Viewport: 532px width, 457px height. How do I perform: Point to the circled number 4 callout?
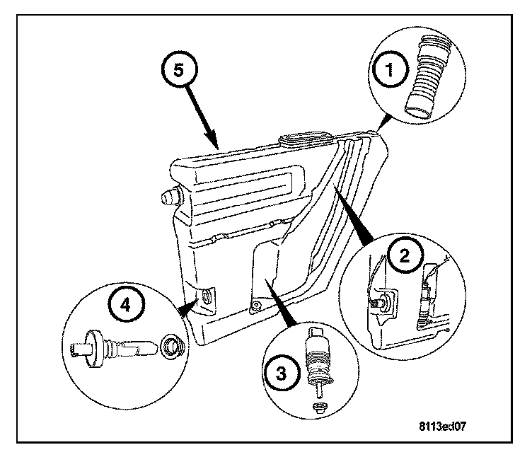125,306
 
